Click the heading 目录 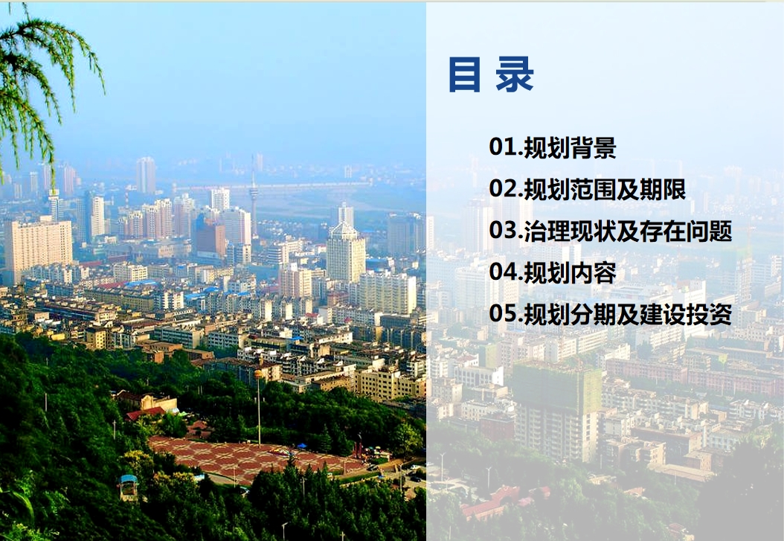(x=491, y=74)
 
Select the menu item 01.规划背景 (x=553, y=147)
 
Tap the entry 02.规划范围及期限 (x=588, y=189)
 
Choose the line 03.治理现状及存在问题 (x=611, y=231)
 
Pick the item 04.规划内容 (x=553, y=272)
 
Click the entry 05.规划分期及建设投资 (x=611, y=314)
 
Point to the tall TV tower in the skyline (x=254, y=200)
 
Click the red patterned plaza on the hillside (x=255, y=458)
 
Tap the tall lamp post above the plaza (x=259, y=408)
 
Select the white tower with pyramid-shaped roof (x=345, y=252)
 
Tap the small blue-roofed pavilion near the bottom (x=129, y=487)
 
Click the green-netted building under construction (x=556, y=412)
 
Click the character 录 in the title (x=515, y=74)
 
